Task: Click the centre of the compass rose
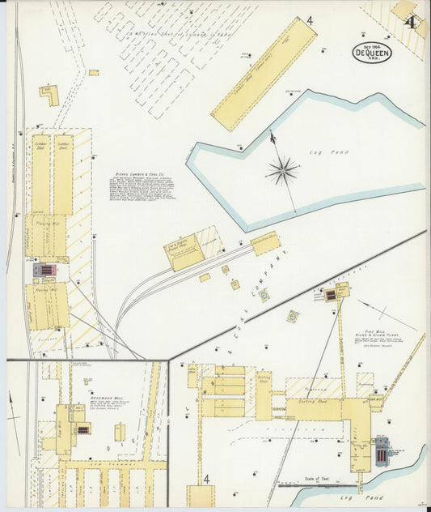[x=283, y=170]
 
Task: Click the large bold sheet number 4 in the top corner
[x=411, y=22]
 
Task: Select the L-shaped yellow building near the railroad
[x=49, y=96]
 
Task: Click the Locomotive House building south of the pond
[x=265, y=243]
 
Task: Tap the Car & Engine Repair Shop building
[x=184, y=253]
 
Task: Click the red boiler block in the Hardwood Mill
[x=82, y=430]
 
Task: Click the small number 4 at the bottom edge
[x=206, y=479]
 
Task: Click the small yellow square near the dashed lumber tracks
[x=94, y=72]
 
